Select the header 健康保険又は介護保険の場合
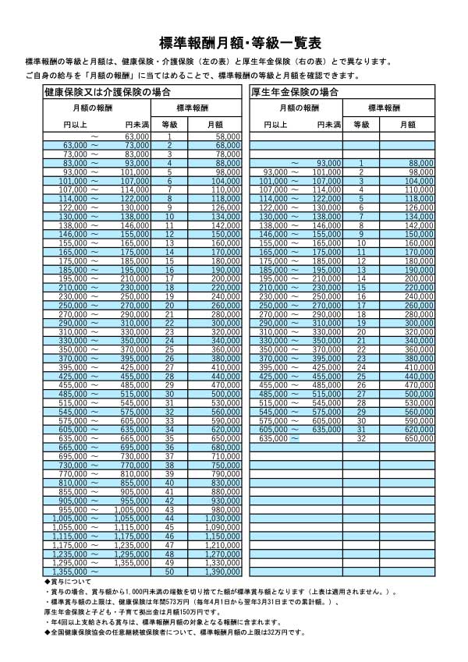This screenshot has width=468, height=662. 108,92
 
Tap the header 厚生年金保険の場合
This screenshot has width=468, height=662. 295,92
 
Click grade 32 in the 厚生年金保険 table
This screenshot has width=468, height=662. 361,438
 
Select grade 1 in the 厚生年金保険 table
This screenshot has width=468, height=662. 361,163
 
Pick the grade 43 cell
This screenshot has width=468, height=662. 169,510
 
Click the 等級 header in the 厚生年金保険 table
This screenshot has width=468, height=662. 361,124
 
